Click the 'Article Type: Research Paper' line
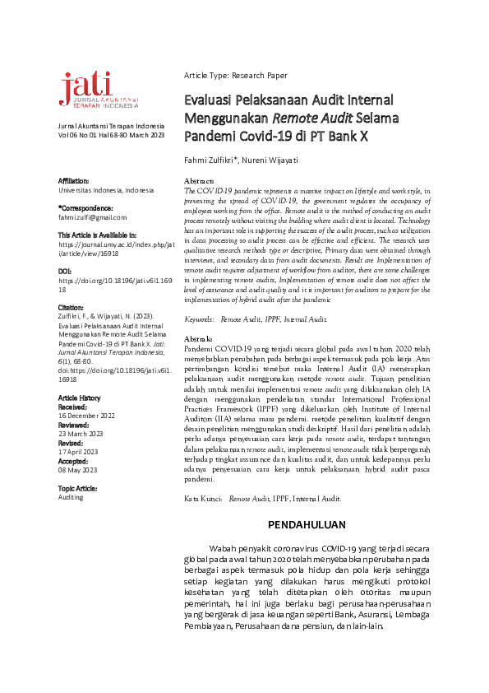(236, 76)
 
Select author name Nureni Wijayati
(279, 158)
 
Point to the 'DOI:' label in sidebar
(66, 271)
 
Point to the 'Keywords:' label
(200, 318)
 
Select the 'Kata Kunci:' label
(202, 499)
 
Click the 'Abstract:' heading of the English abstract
(200, 180)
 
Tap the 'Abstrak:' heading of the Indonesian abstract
(199, 339)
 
